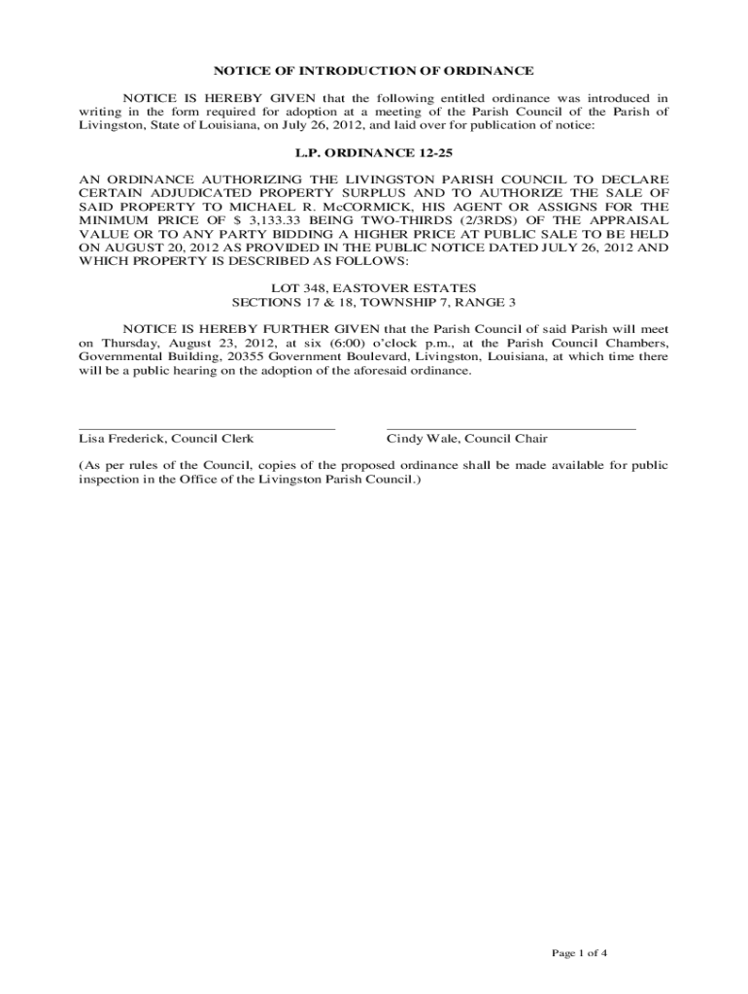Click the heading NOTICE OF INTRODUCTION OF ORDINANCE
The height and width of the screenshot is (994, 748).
pyautogui.click(x=374, y=71)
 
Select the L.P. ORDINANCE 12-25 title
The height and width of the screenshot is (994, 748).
pyautogui.click(x=374, y=152)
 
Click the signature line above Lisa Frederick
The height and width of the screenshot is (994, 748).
pyautogui.click(x=207, y=427)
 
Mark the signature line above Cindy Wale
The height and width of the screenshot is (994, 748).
pyautogui.click(x=511, y=427)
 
